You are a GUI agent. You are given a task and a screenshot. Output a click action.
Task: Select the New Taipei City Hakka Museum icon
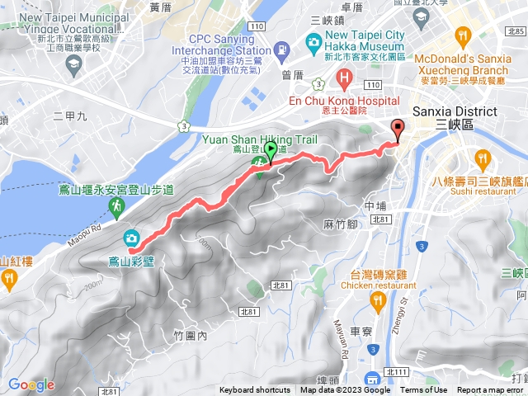[x=313, y=42]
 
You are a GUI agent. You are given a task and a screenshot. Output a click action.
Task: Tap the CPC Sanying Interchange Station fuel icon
[x=283, y=51]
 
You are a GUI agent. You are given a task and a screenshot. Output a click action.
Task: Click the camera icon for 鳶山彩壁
[x=131, y=239]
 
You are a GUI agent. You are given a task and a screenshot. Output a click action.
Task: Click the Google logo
[x=31, y=384]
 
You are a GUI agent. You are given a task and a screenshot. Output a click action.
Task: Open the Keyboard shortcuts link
[x=255, y=390]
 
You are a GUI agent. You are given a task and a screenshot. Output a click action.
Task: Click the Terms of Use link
[x=424, y=390]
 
